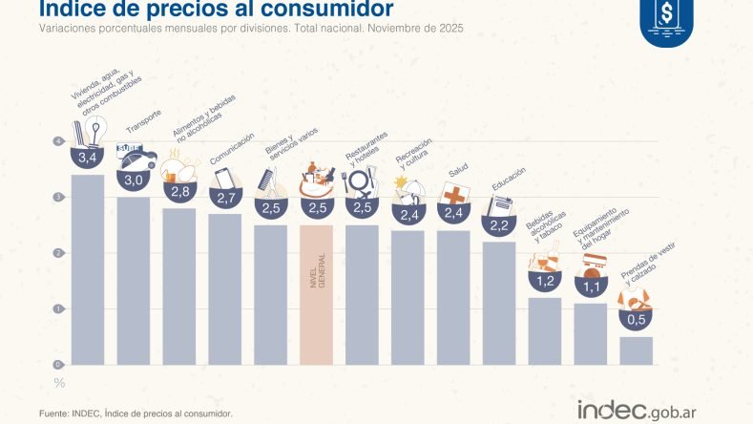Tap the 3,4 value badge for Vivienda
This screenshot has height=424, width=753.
(x=88, y=158)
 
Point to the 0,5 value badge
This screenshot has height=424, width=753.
(x=636, y=319)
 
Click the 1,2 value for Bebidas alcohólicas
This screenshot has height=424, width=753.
(x=544, y=282)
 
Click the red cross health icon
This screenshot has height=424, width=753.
(x=454, y=194)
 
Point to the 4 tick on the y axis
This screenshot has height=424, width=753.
(x=59, y=142)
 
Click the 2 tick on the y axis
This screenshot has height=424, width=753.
(x=59, y=253)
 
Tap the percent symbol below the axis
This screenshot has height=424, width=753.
(x=59, y=383)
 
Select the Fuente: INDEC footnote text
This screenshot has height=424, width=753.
(x=136, y=413)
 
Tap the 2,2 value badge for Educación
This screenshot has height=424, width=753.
(x=499, y=226)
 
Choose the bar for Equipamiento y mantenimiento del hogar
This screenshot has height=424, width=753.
(x=590, y=333)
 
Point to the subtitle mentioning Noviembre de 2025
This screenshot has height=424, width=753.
(x=251, y=30)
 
